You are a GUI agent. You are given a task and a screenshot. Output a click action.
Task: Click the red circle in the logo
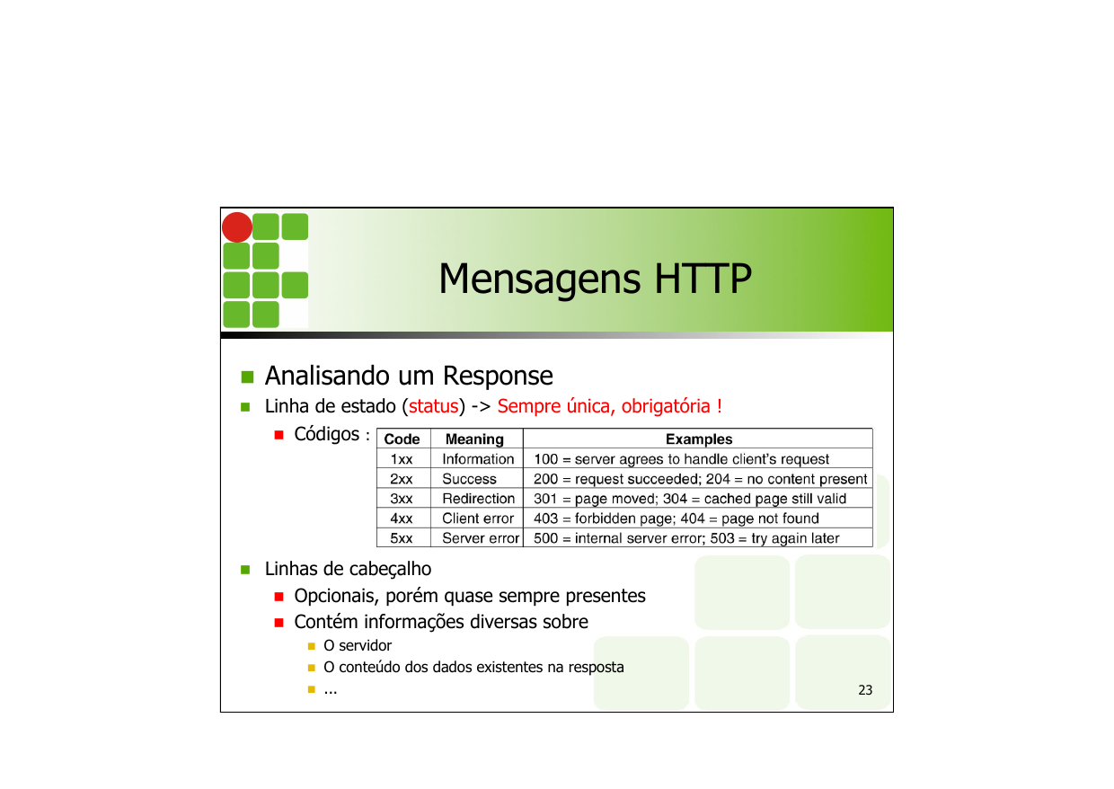[237, 227]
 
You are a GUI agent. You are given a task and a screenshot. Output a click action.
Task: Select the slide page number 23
[865, 690]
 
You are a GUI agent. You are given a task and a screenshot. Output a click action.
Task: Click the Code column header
[402, 439]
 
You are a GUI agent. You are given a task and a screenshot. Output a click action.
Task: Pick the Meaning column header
[474, 439]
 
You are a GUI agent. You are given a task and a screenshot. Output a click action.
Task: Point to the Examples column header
[698, 439]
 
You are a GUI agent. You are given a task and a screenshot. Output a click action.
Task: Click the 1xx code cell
[402, 459]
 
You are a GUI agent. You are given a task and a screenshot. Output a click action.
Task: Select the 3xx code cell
[402, 499]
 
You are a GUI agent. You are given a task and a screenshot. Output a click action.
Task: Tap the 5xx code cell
[402, 538]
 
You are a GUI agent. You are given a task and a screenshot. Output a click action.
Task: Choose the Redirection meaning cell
[478, 499]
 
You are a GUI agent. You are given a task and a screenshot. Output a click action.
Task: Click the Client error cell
[478, 519]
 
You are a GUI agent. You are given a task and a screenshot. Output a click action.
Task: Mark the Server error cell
[481, 538]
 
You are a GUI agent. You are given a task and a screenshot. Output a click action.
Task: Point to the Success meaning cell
[469, 479]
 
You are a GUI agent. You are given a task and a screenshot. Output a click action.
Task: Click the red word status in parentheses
[434, 406]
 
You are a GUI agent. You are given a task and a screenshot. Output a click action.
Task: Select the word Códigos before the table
[327, 434]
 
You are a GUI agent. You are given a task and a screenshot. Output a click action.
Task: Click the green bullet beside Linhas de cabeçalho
[244, 570]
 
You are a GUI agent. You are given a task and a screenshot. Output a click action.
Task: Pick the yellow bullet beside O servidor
[311, 646]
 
